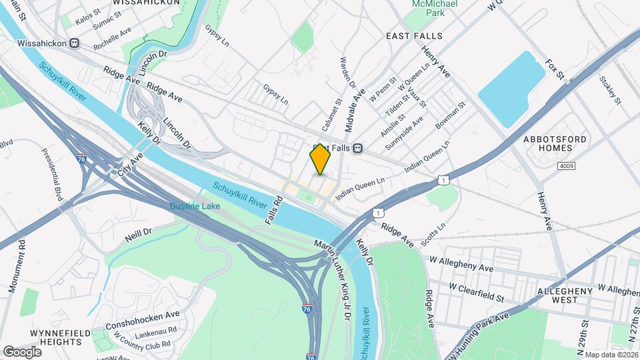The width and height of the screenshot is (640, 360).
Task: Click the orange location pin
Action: (x=321, y=159)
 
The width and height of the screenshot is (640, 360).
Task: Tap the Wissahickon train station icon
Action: (x=74, y=43)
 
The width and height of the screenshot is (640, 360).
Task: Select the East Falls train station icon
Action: (x=358, y=148)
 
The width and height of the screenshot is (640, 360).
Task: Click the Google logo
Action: (x=22, y=351)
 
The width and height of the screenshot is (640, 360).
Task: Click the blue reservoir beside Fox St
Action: (x=512, y=89)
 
